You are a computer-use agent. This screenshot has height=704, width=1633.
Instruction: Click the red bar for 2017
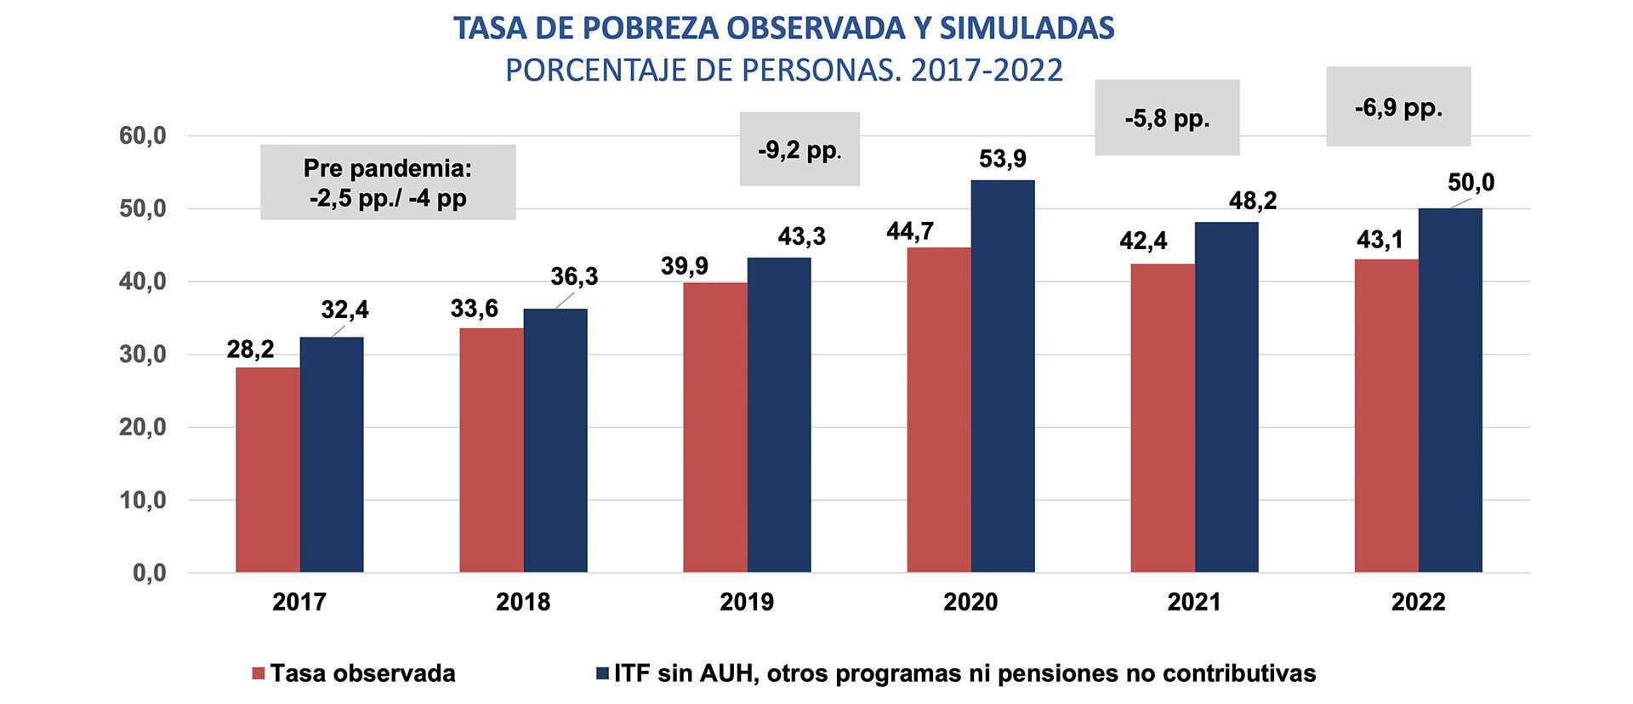pyautogui.click(x=267, y=469)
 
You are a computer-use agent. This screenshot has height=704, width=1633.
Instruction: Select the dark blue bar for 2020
pyautogui.click(x=1002, y=376)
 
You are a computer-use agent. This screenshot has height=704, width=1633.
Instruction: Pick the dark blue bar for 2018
pyautogui.click(x=555, y=440)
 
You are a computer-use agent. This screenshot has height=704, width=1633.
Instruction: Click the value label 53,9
pyautogui.click(x=1003, y=159)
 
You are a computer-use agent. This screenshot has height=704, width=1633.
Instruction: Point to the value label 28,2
pyautogui.click(x=250, y=349)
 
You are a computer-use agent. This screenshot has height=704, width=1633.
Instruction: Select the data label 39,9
pyautogui.click(x=684, y=266)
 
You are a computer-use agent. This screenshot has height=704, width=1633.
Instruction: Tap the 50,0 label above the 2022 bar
pyautogui.click(x=1471, y=183)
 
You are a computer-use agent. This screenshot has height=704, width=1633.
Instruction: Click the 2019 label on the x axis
pyautogui.click(x=747, y=602)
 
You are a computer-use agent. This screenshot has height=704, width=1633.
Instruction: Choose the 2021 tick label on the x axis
pyautogui.click(x=1193, y=602)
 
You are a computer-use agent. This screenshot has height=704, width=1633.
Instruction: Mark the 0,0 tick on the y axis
pyautogui.click(x=148, y=574)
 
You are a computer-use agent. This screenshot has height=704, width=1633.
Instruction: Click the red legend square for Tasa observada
pyautogui.click(x=259, y=674)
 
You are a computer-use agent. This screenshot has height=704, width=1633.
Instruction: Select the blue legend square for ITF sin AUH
pyautogui.click(x=602, y=674)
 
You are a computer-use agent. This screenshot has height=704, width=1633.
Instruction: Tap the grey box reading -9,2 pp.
pyautogui.click(x=799, y=150)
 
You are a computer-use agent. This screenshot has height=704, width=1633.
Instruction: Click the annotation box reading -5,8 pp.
pyautogui.click(x=1166, y=118)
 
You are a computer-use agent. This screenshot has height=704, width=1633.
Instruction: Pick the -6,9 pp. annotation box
pyautogui.click(x=1397, y=107)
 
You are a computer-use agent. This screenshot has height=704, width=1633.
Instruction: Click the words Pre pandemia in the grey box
pyautogui.click(x=387, y=168)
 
